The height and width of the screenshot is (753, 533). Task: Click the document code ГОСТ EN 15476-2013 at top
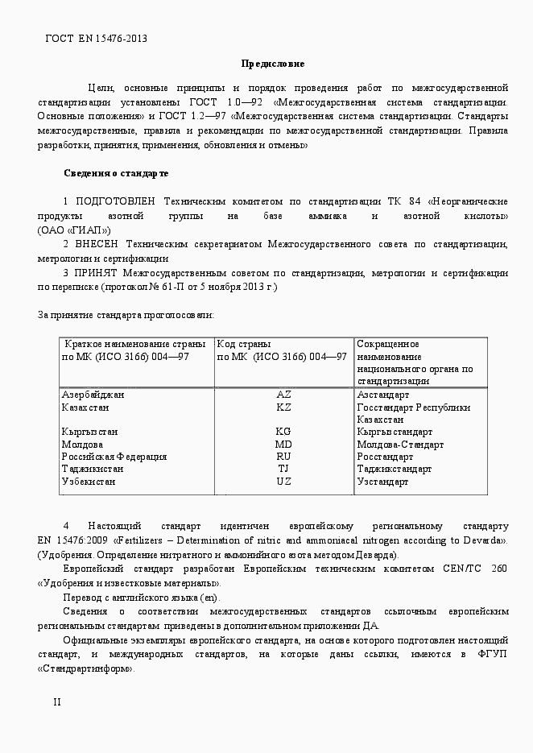pos(96,38)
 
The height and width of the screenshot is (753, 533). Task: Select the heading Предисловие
pos(273,63)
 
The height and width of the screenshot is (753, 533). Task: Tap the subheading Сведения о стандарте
pos(116,172)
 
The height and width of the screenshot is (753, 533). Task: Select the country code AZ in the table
pos(283,395)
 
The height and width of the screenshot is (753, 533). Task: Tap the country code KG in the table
pos(283,432)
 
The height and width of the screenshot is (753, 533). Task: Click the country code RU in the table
pos(283,457)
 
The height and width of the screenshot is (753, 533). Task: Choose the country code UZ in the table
pos(283,482)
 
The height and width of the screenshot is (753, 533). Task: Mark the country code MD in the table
pos(283,445)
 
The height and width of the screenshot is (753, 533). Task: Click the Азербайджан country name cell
pos(93,395)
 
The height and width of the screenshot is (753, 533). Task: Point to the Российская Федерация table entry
pos(114,457)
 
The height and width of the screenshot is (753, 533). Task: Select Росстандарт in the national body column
pos(385,457)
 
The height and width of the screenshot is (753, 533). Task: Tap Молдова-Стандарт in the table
pos(399,445)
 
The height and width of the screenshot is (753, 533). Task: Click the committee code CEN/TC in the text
pos(462,569)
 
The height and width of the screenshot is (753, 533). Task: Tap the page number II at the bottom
pos(56,701)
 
